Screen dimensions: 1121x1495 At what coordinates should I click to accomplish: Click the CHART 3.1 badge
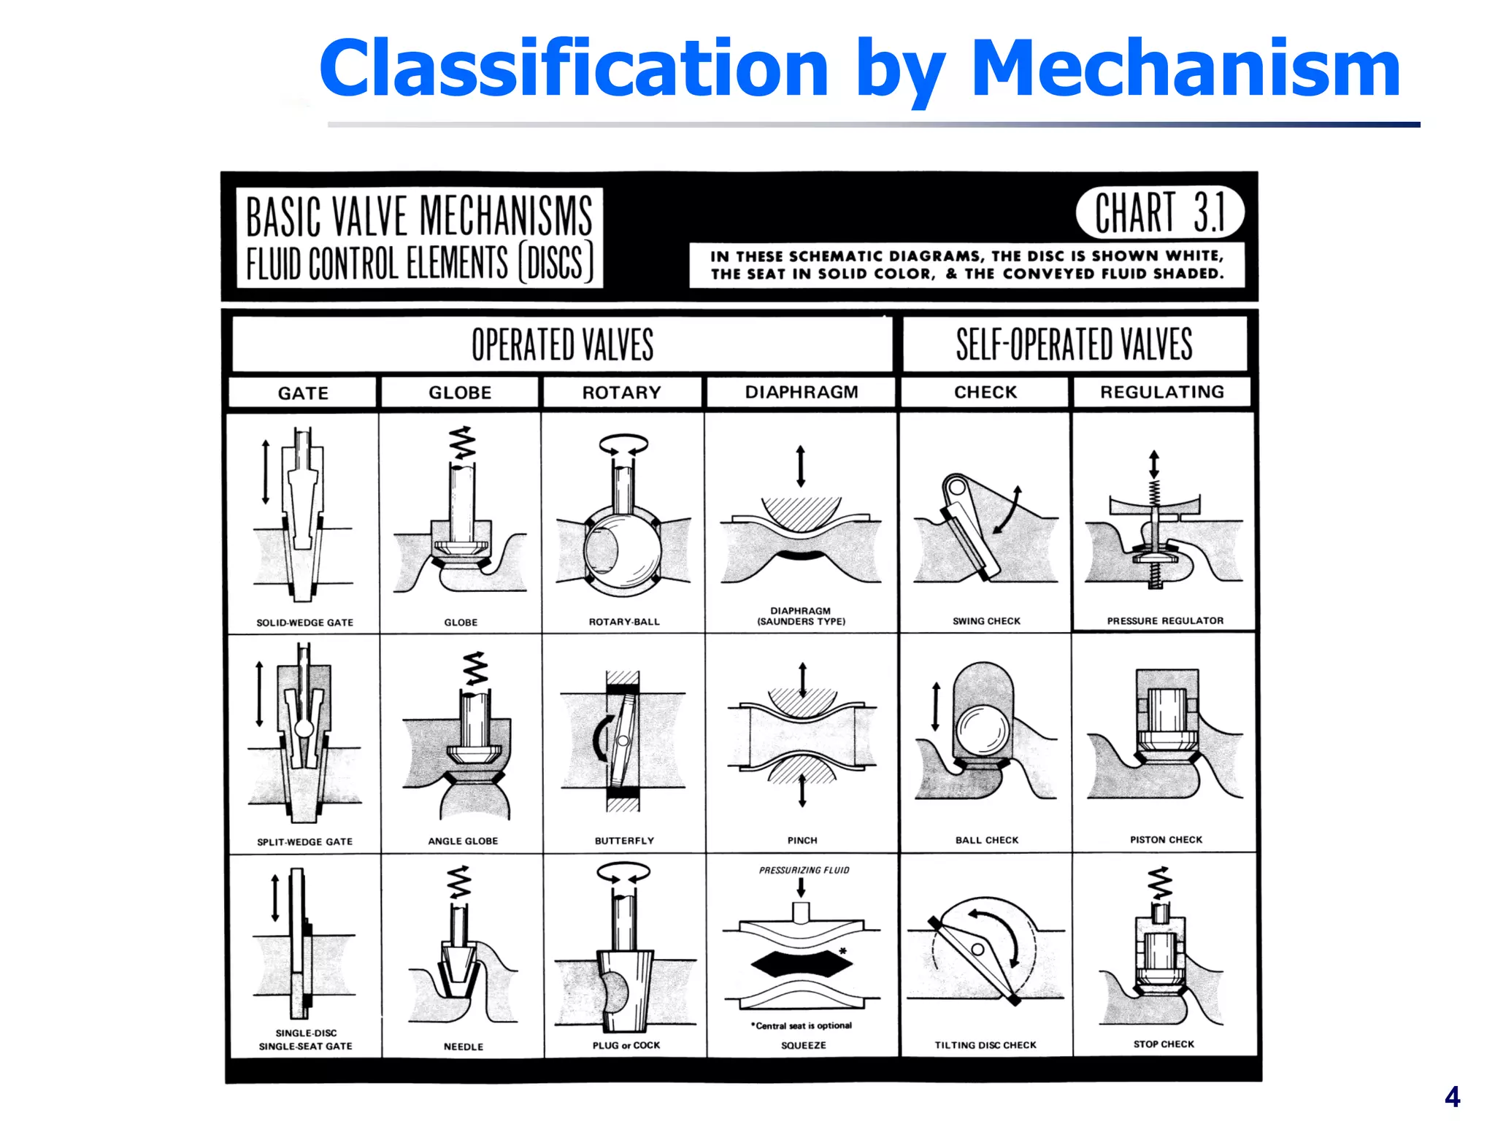1159,212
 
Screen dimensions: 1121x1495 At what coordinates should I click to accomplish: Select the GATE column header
303,393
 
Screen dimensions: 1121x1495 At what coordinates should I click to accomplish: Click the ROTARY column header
621,393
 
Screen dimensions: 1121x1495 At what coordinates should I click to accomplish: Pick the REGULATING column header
1161,392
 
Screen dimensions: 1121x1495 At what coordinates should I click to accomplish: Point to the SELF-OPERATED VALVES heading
1074,344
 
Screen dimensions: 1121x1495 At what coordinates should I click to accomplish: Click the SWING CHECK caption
986,621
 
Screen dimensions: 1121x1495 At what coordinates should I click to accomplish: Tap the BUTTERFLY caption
624,841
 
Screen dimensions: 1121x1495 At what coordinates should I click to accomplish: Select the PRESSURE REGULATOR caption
1165,621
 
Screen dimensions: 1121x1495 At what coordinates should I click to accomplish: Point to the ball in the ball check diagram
983,730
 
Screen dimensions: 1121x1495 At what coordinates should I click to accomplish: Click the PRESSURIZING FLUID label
804,870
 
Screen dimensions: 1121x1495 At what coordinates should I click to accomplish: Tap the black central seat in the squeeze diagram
801,964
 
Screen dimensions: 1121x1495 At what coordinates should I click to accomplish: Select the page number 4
1452,1097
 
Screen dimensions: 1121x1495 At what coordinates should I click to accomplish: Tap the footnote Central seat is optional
802,1025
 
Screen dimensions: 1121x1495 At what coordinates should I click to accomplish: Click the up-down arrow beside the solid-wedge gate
266,471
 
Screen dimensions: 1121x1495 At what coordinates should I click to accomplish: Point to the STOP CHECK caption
1164,1044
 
